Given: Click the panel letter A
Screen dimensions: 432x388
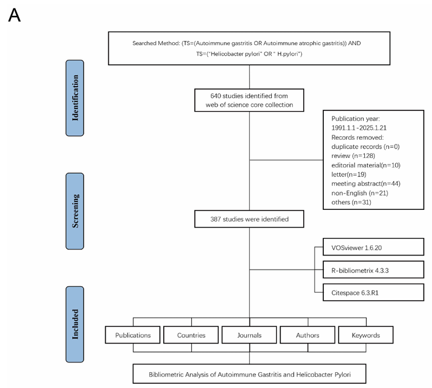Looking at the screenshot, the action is coord(14,15).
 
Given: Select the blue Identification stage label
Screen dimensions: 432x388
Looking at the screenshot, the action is coord(75,98).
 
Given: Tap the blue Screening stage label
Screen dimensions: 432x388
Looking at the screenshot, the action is coord(75,211).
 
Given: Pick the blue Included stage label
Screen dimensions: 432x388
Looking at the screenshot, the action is coord(75,324).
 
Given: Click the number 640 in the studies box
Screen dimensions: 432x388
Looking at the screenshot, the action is coord(216,96).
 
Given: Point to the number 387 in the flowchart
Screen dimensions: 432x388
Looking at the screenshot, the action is coord(216,219).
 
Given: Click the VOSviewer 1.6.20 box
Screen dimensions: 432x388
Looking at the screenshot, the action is coord(373,247).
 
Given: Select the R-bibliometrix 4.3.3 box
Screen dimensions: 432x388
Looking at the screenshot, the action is coord(373,270).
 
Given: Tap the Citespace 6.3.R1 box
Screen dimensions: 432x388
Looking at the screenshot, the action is coord(373,292).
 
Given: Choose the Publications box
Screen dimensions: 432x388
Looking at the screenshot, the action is coord(133,335).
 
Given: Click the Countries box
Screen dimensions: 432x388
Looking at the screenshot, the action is coord(191,335).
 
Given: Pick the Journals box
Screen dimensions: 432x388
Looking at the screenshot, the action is coord(249,335).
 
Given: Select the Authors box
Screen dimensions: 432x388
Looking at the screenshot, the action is coord(307,335).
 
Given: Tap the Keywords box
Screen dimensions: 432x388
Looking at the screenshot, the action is coord(365,335).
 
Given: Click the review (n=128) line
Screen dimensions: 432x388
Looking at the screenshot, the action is coord(353,156).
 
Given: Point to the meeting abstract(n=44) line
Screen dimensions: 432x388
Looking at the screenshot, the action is coord(366,184).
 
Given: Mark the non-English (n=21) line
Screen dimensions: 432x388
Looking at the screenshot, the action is coord(360,193).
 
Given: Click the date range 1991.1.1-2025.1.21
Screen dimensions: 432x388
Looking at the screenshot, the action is coord(359,128).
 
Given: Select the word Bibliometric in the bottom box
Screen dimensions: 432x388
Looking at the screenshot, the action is coord(166,375).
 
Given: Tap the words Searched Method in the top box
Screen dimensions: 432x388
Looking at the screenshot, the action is coord(156,43).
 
